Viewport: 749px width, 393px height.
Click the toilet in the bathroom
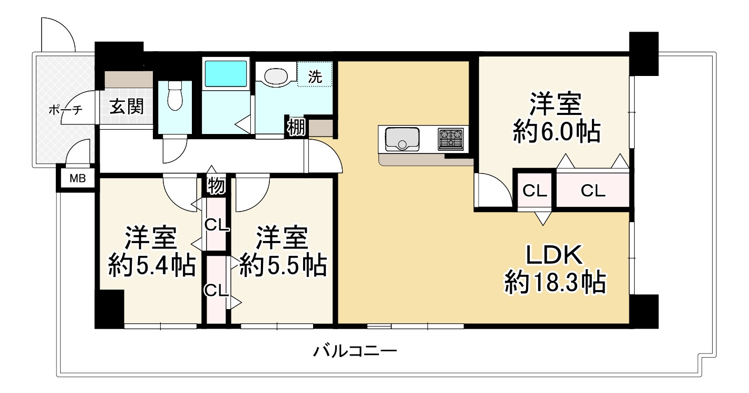coord(174,97)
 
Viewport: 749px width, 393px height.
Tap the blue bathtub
coord(225,74)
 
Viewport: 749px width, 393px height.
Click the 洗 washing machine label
coord(315,76)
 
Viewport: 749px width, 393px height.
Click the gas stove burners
coord(451,139)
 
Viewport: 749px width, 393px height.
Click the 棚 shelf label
coord(296,128)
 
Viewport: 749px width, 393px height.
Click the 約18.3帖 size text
coord(554,283)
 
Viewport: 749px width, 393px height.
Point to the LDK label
coord(555,256)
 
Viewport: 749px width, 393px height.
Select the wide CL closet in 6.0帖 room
coord(593,191)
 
